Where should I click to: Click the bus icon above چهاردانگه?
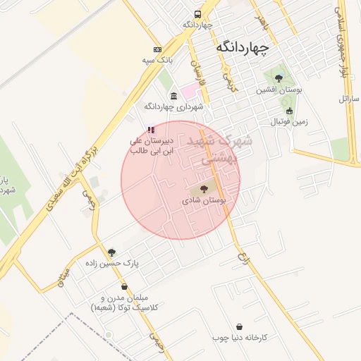coord(197,14)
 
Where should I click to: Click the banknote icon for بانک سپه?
coord(157,49)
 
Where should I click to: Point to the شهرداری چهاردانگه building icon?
coord(173,95)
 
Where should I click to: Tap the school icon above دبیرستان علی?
coord(150,130)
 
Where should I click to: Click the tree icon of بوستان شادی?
coord(204,189)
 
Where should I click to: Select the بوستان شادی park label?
coord(204,201)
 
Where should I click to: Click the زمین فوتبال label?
coord(289,122)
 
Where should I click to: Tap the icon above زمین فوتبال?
coord(289,111)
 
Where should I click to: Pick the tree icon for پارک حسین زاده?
coord(111,252)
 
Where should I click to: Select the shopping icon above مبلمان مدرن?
coord(125,286)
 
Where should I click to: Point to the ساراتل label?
coord(348,99)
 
